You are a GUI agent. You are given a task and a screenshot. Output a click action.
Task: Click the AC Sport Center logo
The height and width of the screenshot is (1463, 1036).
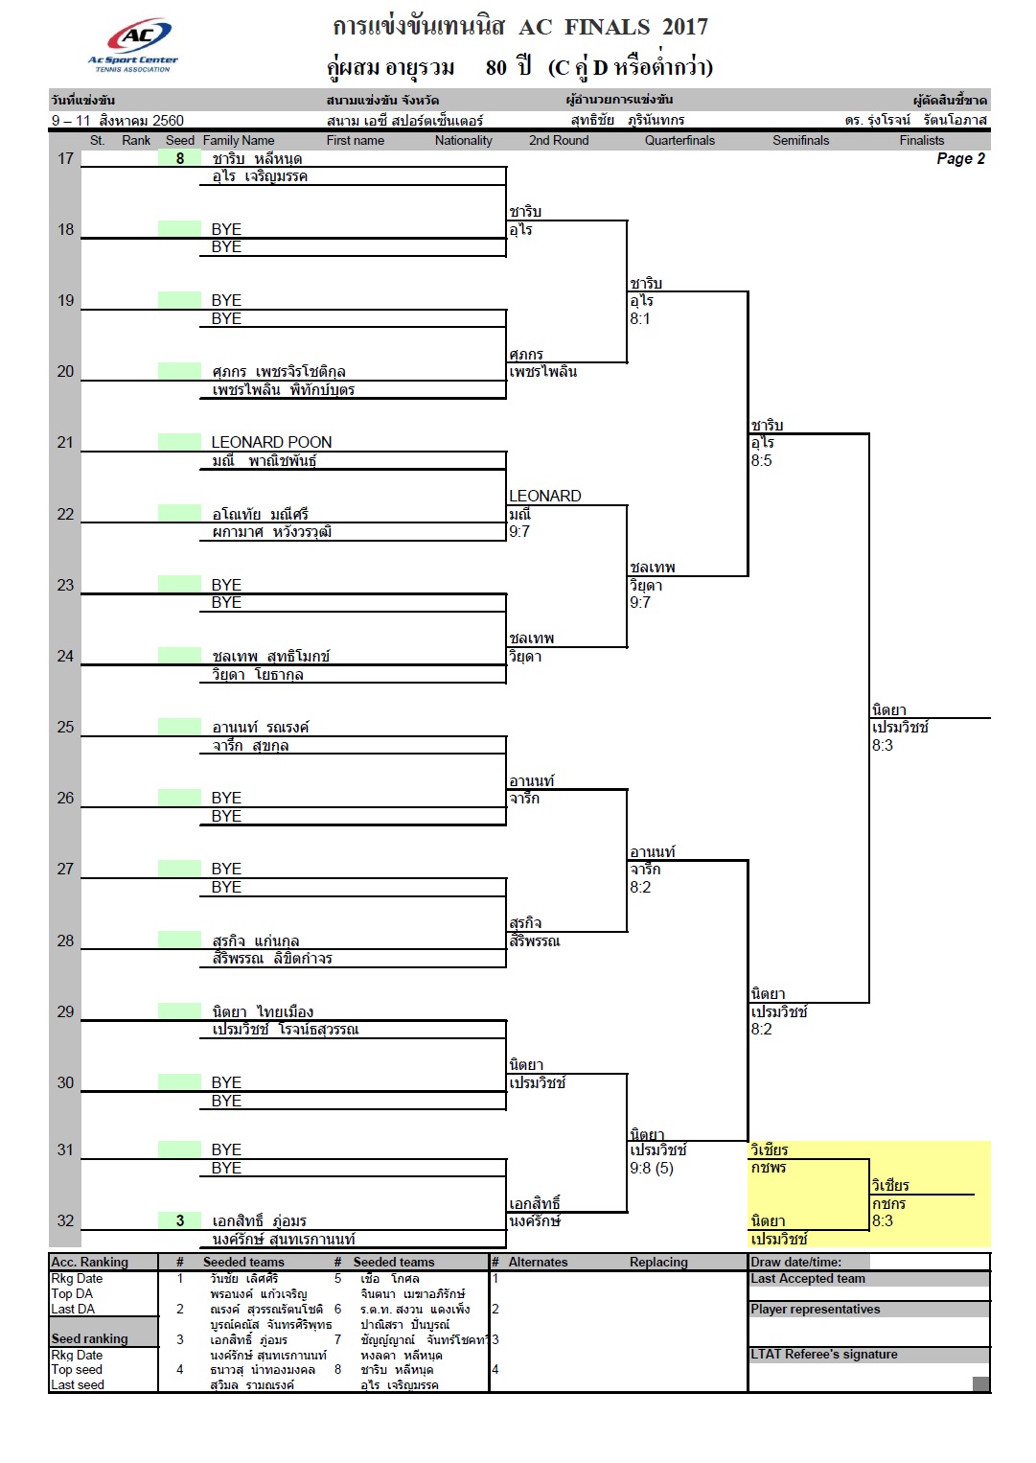(133, 44)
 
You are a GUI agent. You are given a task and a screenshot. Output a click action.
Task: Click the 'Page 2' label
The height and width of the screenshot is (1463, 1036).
(960, 159)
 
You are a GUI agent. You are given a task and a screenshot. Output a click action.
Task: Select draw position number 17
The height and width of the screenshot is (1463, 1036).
(65, 159)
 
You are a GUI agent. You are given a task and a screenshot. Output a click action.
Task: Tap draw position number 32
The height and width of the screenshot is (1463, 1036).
(65, 1220)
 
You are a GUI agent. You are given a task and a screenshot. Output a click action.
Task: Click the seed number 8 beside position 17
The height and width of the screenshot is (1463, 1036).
(180, 159)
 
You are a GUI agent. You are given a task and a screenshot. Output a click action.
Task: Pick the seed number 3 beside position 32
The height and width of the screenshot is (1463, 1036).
(180, 1220)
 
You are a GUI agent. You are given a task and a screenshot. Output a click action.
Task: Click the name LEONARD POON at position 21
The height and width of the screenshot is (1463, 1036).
(271, 442)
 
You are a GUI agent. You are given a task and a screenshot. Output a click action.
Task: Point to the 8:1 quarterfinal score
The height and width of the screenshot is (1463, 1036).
(640, 318)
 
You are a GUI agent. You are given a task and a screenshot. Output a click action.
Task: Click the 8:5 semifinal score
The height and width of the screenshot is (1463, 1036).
(761, 460)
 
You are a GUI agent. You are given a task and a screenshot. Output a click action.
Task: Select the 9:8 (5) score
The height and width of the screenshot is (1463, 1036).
(652, 1168)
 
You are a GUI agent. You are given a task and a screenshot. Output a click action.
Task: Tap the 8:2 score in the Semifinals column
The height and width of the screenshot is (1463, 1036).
(761, 1030)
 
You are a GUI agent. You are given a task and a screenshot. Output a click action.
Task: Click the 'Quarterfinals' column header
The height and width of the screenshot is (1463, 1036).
(679, 140)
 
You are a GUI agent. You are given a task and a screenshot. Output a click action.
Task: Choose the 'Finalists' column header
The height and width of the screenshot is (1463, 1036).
(921, 140)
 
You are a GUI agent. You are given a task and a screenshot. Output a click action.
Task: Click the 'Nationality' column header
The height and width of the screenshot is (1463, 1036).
(464, 140)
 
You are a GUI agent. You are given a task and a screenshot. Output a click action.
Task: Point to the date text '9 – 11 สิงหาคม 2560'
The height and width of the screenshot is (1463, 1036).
(118, 120)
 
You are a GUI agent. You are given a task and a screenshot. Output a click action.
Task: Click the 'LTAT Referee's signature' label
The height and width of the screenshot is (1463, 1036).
(824, 1354)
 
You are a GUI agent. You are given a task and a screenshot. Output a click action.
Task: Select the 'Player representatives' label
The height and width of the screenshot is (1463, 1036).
(815, 1309)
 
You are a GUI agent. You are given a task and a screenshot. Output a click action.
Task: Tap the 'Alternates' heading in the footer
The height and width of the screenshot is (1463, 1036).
(538, 1262)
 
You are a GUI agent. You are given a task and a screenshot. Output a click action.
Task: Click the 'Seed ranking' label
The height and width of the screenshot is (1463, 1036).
(89, 1339)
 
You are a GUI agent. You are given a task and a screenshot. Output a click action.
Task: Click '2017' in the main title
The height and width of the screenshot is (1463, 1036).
(685, 27)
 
